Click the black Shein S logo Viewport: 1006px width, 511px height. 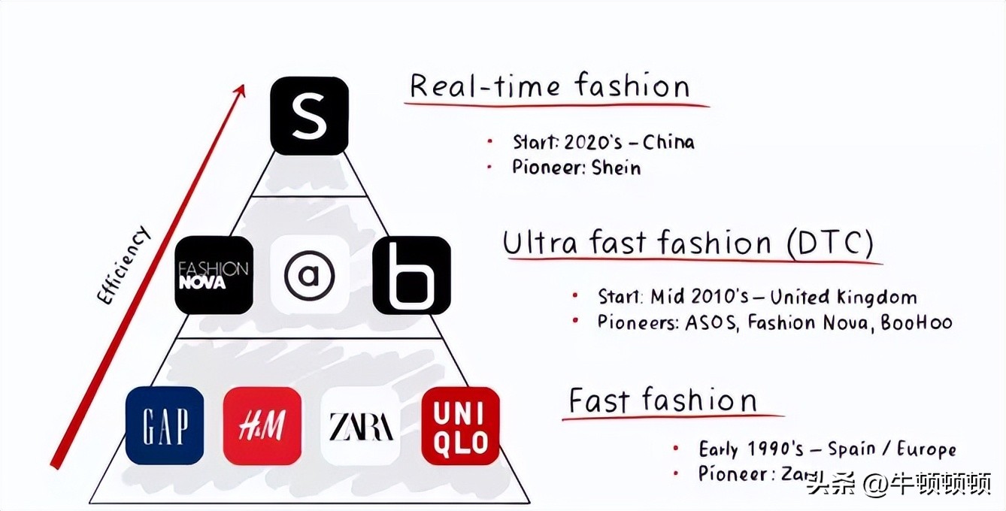click(x=309, y=116)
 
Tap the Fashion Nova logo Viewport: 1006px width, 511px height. click(x=214, y=275)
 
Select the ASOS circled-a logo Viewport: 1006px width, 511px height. click(x=309, y=275)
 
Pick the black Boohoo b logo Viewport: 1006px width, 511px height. click(x=411, y=275)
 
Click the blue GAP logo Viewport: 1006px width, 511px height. click(x=165, y=425)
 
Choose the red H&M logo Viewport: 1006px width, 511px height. click(x=262, y=426)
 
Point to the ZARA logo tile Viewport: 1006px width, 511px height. click(x=360, y=426)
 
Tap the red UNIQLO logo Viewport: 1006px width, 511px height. click(x=460, y=426)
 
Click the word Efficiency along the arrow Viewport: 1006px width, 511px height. click(x=125, y=265)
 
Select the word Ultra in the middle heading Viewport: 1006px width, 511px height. click(x=540, y=244)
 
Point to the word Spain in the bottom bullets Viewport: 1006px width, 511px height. click(x=853, y=449)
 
